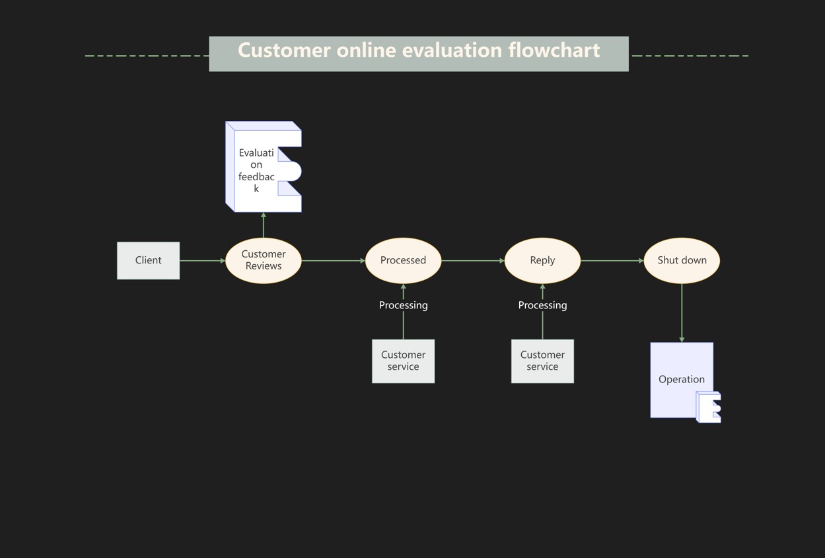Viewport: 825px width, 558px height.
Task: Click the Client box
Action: click(x=148, y=260)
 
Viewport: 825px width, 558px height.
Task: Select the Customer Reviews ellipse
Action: click(x=264, y=260)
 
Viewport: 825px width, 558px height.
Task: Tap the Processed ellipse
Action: click(x=403, y=260)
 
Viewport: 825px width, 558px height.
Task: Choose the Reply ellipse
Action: click(x=542, y=260)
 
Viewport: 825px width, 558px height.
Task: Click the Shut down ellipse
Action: click(x=682, y=260)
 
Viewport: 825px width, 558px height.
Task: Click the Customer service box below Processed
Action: click(x=403, y=361)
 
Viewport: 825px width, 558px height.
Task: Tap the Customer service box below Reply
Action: click(x=542, y=361)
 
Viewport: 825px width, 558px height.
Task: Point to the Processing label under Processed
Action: click(x=403, y=305)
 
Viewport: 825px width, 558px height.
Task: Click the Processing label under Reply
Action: click(x=542, y=305)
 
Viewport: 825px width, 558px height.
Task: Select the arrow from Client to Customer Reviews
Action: click(x=202, y=261)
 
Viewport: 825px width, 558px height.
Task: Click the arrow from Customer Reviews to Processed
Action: click(x=333, y=261)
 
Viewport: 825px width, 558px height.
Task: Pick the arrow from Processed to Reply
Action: click(x=472, y=261)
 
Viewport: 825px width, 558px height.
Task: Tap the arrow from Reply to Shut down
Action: click(x=612, y=261)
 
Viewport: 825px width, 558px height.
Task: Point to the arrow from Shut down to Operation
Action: click(x=682, y=313)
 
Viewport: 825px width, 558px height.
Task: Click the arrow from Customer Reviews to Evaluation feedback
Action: click(x=264, y=225)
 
